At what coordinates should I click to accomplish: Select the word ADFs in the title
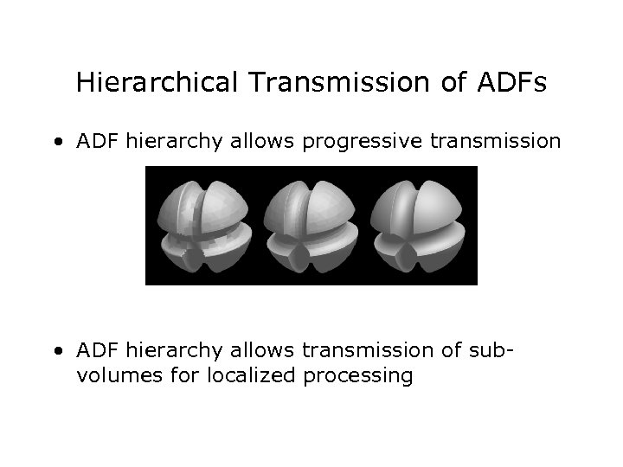pos(512,83)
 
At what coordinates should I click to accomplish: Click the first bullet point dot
pos(56,141)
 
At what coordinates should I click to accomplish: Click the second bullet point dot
pos(56,350)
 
